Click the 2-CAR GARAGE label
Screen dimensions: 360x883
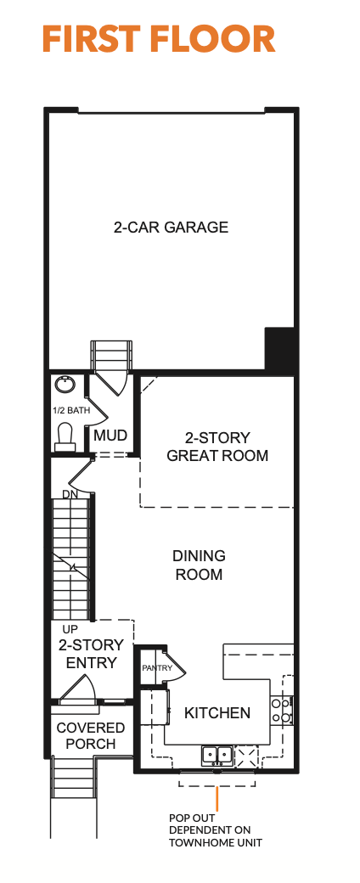coord(171,228)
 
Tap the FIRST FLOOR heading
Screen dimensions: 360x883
coord(159,39)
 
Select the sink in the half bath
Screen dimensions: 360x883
coord(65,385)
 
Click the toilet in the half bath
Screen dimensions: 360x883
coord(65,437)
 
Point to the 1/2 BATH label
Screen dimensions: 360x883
coord(71,411)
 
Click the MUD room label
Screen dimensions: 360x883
coord(110,436)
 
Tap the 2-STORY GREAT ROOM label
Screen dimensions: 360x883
coord(217,447)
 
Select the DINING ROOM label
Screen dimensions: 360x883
coord(199,565)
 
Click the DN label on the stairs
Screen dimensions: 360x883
coord(70,494)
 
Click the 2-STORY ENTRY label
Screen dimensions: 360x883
coord(91,654)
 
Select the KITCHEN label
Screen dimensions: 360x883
coord(217,713)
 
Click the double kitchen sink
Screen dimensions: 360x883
coord(217,754)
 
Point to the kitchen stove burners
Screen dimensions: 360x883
coord(282,710)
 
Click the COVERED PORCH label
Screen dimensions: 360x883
coord(90,735)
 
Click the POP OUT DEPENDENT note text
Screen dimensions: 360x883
coord(216,830)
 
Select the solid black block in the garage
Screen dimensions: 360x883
coord(280,349)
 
